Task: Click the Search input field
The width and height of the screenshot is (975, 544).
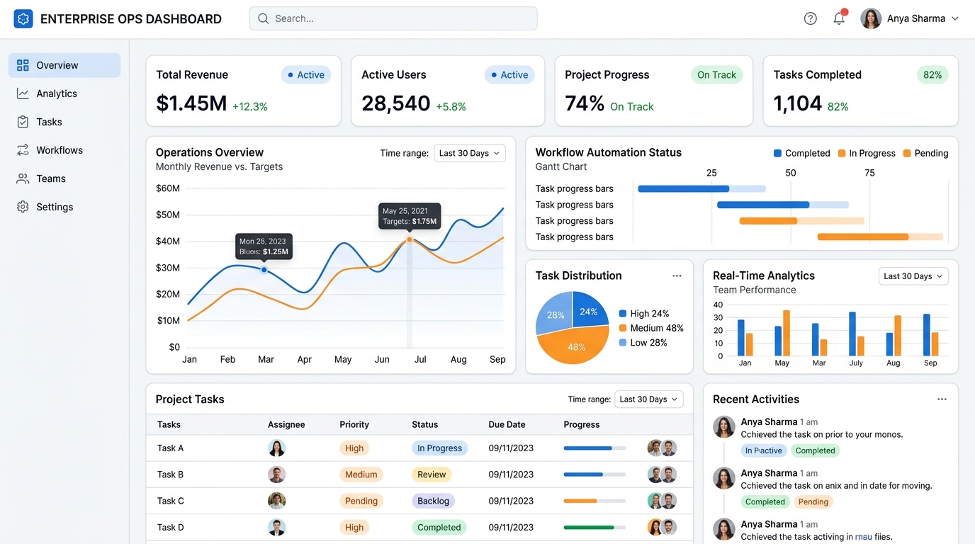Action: pyautogui.click(x=393, y=18)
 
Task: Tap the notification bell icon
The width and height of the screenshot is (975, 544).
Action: pyautogui.click(x=839, y=18)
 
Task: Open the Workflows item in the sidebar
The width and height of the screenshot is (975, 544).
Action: pyautogui.click(x=60, y=150)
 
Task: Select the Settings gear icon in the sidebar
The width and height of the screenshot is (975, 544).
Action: pyautogui.click(x=23, y=207)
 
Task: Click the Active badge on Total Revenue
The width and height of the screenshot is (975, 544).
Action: pyautogui.click(x=306, y=75)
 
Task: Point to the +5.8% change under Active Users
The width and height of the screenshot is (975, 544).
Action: pyautogui.click(x=451, y=107)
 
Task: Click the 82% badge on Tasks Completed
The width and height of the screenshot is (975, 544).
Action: pyautogui.click(x=932, y=75)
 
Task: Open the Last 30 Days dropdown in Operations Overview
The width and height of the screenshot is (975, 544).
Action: pyautogui.click(x=470, y=153)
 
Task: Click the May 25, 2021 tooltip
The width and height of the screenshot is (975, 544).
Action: pyautogui.click(x=409, y=216)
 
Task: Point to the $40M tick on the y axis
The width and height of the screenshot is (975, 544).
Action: pyautogui.click(x=167, y=241)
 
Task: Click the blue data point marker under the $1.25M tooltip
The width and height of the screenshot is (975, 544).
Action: pyautogui.click(x=264, y=270)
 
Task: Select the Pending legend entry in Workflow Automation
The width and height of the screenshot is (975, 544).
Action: pyautogui.click(x=926, y=153)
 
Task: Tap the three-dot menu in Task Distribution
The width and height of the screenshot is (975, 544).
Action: pyautogui.click(x=677, y=276)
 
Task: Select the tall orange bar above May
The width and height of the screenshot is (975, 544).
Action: pyautogui.click(x=787, y=333)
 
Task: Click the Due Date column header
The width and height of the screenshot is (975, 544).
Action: pyautogui.click(x=507, y=424)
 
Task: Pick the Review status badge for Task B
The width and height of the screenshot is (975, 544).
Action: pyautogui.click(x=432, y=475)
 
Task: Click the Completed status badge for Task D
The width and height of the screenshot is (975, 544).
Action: pyautogui.click(x=439, y=528)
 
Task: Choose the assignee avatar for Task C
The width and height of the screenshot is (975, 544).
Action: pyautogui.click(x=276, y=501)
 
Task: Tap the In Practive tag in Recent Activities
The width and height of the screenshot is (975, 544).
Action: pyautogui.click(x=763, y=450)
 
